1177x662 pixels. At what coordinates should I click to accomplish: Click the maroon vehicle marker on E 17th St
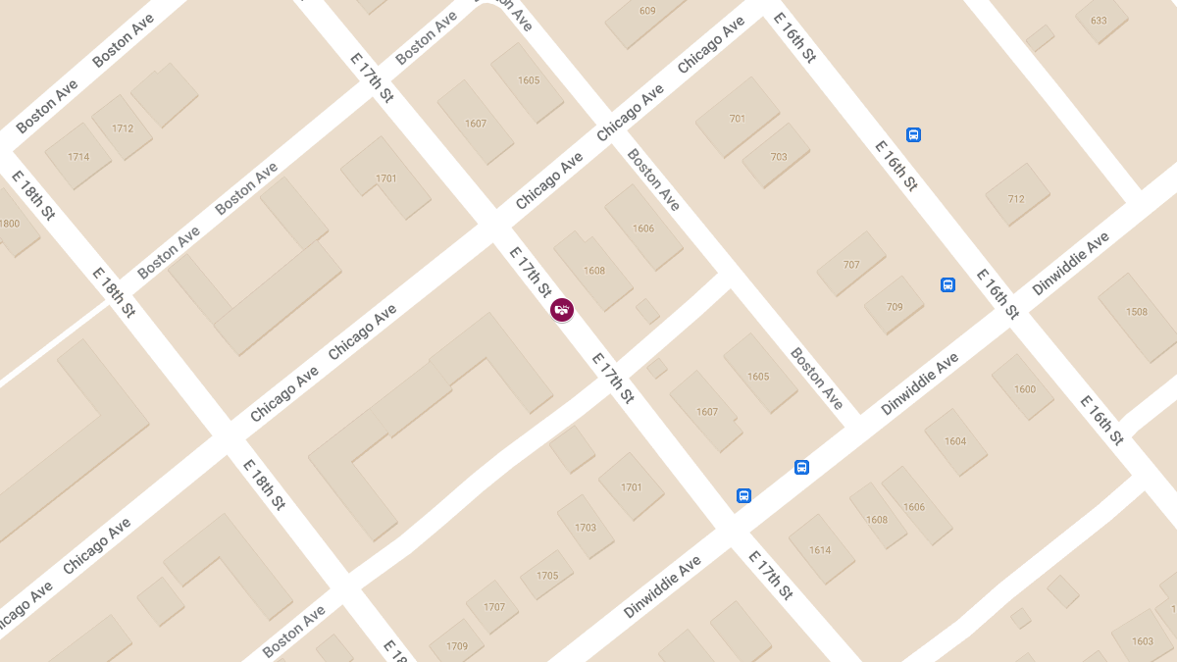tap(562, 310)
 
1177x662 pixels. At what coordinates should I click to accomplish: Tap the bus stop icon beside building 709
tap(947, 284)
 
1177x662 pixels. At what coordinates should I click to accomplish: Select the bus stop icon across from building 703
tap(913, 135)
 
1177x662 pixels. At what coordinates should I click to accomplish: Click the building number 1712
tap(123, 128)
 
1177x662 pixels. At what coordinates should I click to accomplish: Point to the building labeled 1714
tap(78, 157)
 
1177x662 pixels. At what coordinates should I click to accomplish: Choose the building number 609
tap(647, 11)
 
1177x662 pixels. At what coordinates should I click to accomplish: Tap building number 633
tap(1099, 21)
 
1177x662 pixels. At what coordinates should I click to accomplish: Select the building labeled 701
tap(738, 119)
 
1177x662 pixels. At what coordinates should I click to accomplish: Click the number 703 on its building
tap(779, 157)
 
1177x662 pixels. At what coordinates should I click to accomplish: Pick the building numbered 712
tap(1016, 199)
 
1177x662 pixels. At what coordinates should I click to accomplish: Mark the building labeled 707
tap(851, 265)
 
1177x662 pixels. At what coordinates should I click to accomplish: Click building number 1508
tap(1137, 312)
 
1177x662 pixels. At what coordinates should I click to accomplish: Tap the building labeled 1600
tap(1025, 389)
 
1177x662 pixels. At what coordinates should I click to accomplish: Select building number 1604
tap(955, 441)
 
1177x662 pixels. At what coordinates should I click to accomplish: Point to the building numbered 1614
tap(820, 550)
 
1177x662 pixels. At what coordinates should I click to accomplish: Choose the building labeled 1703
tap(586, 528)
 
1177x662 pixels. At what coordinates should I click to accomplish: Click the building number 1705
tap(547, 576)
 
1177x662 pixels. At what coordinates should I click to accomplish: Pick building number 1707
tap(494, 607)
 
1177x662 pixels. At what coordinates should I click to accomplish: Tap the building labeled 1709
tap(457, 646)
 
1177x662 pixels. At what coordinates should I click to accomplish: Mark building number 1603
tap(1143, 641)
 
